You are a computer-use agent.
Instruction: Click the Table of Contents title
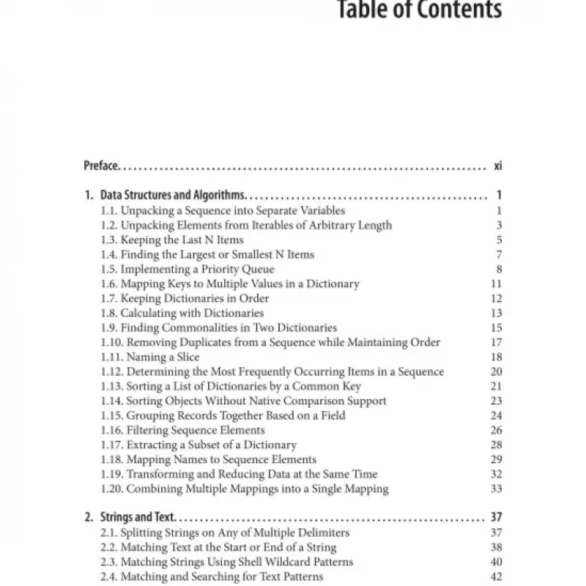pos(419,10)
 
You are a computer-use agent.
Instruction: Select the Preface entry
pos(100,166)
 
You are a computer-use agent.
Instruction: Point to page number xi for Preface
pos(497,166)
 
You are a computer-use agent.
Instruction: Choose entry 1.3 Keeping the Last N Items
pos(172,240)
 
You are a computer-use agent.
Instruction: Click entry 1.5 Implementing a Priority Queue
pos(188,269)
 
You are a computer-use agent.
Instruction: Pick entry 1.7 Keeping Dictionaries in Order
pos(185,298)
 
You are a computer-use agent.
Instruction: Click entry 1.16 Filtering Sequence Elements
pos(182,430)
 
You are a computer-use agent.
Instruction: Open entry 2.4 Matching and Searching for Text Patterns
pos(212,576)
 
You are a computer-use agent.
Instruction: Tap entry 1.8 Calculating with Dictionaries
pos(182,313)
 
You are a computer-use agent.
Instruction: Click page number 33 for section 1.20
pos(496,489)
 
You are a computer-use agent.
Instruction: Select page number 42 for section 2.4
pos(496,576)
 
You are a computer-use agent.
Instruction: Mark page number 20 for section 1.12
pos(496,371)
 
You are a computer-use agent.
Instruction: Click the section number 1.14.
pos(111,401)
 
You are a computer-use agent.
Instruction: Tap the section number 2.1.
pos(108,533)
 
